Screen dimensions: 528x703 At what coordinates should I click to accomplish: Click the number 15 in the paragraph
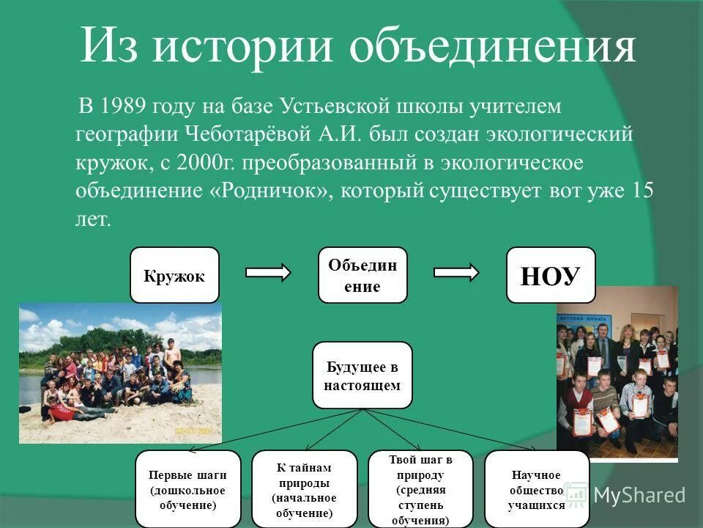click(642, 191)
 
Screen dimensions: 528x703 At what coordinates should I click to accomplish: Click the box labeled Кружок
click(174, 276)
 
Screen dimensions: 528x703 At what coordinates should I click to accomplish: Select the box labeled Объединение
click(362, 276)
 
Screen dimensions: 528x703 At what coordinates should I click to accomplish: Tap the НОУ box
click(551, 276)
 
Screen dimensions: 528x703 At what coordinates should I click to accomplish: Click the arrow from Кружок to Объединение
click(268, 273)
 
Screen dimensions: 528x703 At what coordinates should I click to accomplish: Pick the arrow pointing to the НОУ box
click(456, 273)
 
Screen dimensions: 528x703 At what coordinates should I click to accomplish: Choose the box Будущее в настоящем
click(362, 375)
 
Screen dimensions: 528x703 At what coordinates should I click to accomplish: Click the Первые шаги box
click(188, 489)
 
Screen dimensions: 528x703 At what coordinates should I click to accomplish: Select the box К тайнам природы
click(304, 489)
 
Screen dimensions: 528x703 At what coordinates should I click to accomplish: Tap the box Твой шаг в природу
click(420, 489)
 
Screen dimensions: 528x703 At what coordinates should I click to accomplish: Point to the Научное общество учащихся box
click(537, 489)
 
